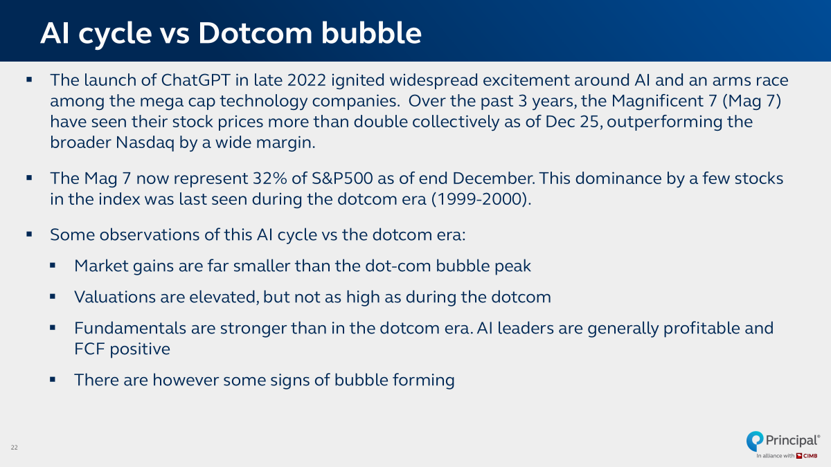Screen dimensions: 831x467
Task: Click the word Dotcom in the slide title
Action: pyautogui.click(x=256, y=33)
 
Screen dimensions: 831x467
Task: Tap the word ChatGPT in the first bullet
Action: pyautogui.click(x=196, y=80)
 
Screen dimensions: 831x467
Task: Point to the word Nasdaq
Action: pyautogui.click(x=145, y=143)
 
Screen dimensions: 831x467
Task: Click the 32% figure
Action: pyautogui.click(x=269, y=178)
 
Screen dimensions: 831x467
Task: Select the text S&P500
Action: pyautogui.click(x=342, y=178)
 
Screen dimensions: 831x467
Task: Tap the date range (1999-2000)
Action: pyautogui.click(x=481, y=199)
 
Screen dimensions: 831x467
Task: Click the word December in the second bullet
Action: pyautogui.click(x=494, y=178)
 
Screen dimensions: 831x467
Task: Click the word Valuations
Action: pyautogui.click(x=115, y=297)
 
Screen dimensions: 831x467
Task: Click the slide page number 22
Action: pyautogui.click(x=14, y=448)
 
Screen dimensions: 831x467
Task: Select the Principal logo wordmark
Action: pyautogui.click(x=792, y=440)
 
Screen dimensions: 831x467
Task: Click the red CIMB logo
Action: pyautogui.click(x=807, y=456)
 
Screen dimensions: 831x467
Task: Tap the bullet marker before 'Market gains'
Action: pyautogui.click(x=53, y=266)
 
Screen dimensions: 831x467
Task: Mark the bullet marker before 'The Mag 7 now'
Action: pyautogui.click(x=29, y=178)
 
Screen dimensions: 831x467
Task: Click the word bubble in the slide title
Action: pyautogui.click(x=371, y=33)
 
